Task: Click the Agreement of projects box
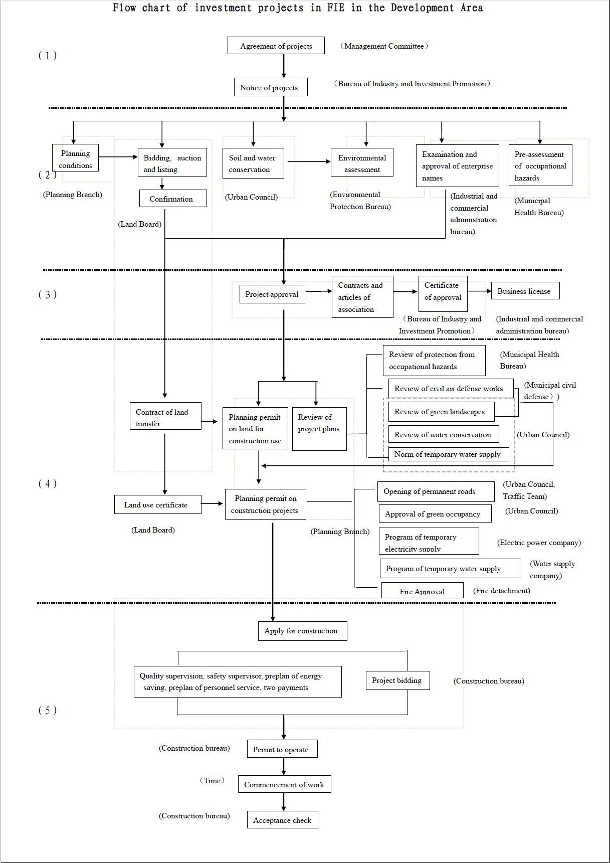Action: [276, 46]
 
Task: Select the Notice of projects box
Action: [270, 87]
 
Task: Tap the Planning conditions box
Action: [75, 159]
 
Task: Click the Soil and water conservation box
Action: [253, 163]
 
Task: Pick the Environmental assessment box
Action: [362, 163]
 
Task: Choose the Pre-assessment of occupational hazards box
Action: [540, 165]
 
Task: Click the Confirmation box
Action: [172, 199]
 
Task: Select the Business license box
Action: [524, 291]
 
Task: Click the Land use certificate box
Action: [157, 505]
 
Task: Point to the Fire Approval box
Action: [422, 591]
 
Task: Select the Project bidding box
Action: [397, 680]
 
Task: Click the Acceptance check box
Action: [282, 820]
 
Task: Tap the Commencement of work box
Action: [284, 784]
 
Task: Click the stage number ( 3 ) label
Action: [48, 295]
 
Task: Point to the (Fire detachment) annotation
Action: [501, 591]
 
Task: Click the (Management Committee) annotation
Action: [384, 46]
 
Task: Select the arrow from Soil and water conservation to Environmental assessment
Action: [308, 161]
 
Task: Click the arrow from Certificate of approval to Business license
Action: [479, 291]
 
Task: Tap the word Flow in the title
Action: [124, 8]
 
